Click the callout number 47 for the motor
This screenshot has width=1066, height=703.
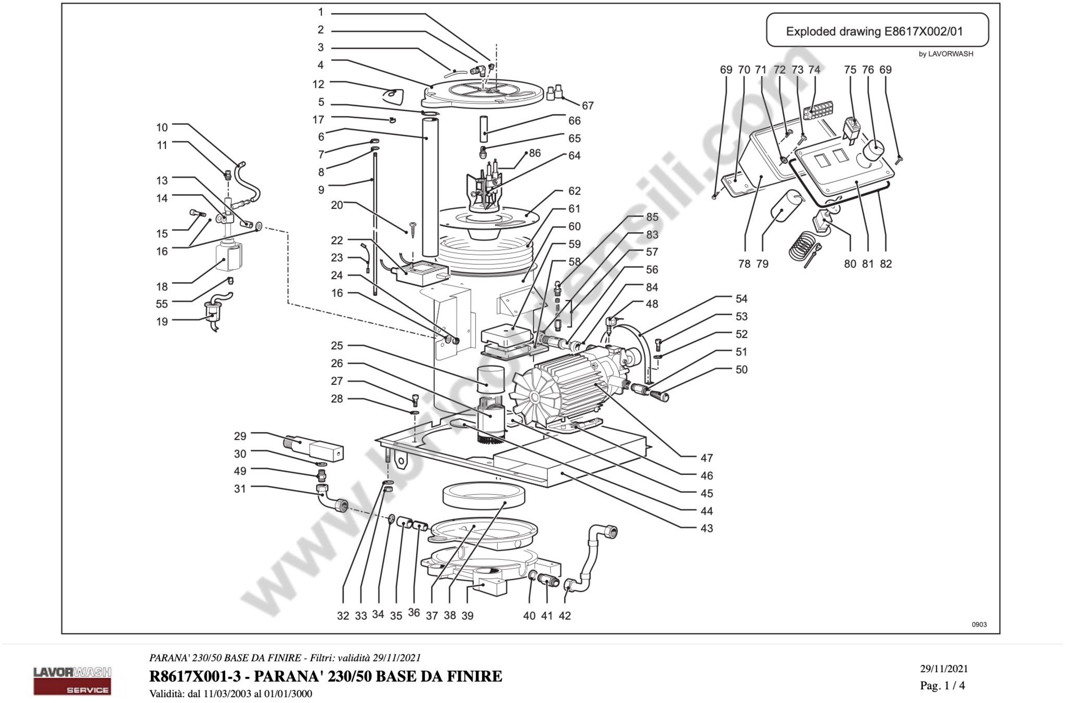pyautogui.click(x=706, y=458)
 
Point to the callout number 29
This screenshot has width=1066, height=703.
pyautogui.click(x=240, y=436)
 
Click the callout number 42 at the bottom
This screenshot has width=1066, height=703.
pyautogui.click(x=565, y=616)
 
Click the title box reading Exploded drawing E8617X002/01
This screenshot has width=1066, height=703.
pyautogui.click(x=877, y=30)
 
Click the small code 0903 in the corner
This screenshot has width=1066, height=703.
pyautogui.click(x=979, y=624)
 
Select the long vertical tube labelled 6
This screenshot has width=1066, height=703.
pyautogui.click(x=430, y=188)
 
